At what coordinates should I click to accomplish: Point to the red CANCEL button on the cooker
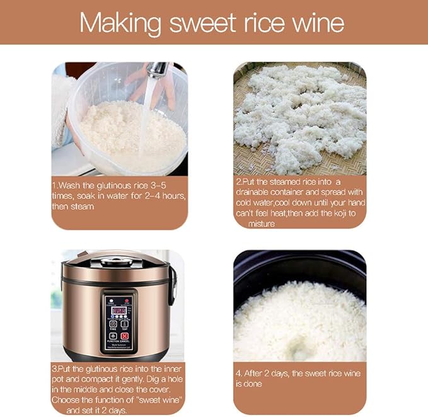(124, 337)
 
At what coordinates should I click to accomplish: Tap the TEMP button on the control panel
(124, 323)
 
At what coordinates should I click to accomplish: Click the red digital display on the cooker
(118, 310)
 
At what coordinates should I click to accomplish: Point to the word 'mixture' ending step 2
(262, 224)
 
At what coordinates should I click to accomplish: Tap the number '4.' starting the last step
(240, 373)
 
